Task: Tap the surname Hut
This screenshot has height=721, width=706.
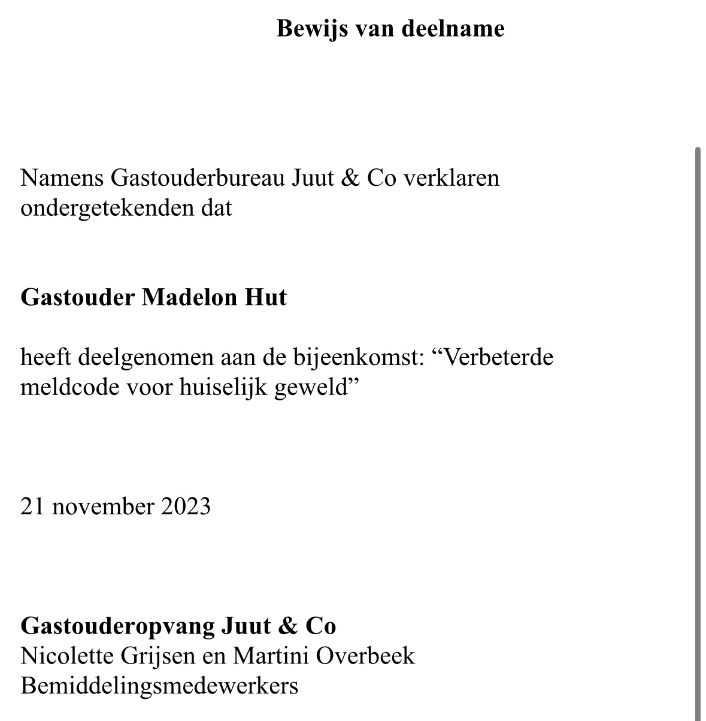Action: [x=264, y=297]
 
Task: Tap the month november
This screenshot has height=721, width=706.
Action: [x=103, y=507]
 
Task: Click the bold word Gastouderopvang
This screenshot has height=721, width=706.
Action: [x=117, y=626]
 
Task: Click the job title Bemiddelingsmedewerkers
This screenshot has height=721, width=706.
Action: [x=159, y=686]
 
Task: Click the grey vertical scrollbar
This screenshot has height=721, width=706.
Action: [x=698, y=420]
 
